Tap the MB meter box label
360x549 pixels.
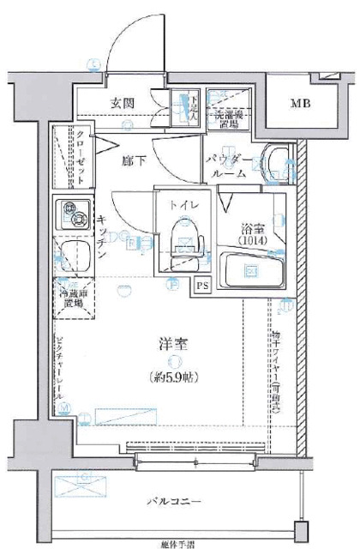[x=300, y=105]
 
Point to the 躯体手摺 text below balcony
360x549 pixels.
[x=177, y=543]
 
